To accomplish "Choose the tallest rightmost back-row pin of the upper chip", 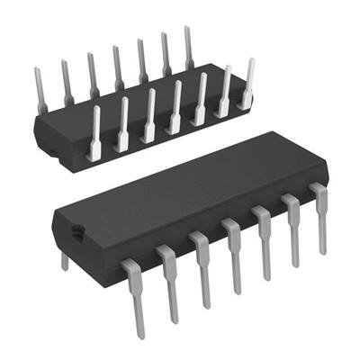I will coord(189,45).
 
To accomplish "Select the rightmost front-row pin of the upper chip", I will coord(248,81).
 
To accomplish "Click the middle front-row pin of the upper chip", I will coord(176,107).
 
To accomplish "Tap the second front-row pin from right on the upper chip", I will coord(225,90).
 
